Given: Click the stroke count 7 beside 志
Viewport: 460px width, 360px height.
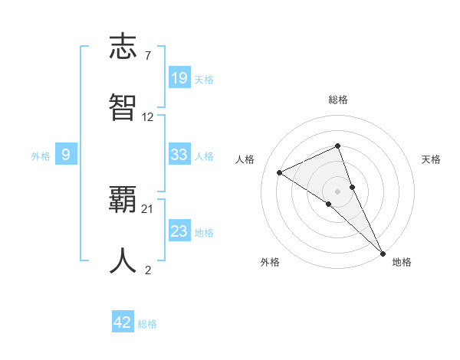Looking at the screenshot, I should [147, 55].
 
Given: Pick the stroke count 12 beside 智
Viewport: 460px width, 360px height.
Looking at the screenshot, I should [148, 117].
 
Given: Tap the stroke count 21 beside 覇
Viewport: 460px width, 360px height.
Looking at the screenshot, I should [148, 208].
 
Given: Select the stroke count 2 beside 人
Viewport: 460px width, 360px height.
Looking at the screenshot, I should [147, 270].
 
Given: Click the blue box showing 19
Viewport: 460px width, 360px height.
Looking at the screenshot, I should [179, 78].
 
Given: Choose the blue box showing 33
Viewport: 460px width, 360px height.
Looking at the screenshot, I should [179, 155].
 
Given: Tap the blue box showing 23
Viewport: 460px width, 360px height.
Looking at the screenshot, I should [179, 231].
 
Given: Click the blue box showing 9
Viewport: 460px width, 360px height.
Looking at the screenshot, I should [66, 155].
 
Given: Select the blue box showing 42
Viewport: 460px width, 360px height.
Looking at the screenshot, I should [123, 322].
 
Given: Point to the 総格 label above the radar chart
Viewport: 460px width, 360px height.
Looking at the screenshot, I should [338, 100].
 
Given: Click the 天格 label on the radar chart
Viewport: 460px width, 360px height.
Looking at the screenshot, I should [432, 159].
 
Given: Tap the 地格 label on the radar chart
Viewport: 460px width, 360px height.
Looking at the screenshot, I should [402, 262].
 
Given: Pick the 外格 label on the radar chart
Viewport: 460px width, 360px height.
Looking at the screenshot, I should [270, 262].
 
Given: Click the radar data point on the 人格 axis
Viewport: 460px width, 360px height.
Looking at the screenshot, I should [280, 172].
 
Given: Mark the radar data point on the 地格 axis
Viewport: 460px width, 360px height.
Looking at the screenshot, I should [383, 253].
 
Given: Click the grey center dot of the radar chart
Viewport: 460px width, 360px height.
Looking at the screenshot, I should [338, 191].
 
